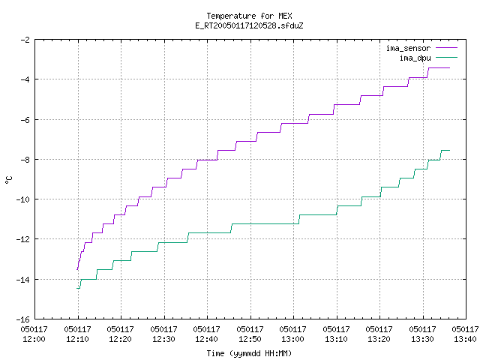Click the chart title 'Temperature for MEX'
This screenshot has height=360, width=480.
249,16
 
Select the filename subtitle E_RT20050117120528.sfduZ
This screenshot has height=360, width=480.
249,25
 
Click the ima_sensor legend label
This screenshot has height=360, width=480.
408,48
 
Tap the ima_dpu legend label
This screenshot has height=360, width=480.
415,58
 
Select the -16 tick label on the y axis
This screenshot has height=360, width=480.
23,319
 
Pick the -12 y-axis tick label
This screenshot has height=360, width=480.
23,239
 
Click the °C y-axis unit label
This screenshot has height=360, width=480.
9,180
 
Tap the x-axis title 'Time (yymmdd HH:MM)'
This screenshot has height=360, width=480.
249,353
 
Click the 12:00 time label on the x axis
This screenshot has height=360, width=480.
34,339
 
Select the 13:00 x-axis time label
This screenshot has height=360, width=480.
293,339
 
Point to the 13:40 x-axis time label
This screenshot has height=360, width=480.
465,339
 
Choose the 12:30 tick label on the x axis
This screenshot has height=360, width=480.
163,339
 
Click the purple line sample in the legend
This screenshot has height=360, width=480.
446,48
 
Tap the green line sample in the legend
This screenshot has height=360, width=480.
446,58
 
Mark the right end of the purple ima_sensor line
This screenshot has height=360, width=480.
449,68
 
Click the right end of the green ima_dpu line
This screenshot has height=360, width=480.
449,150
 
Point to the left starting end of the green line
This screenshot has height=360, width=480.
76,288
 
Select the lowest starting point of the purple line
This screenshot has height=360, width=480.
77,270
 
